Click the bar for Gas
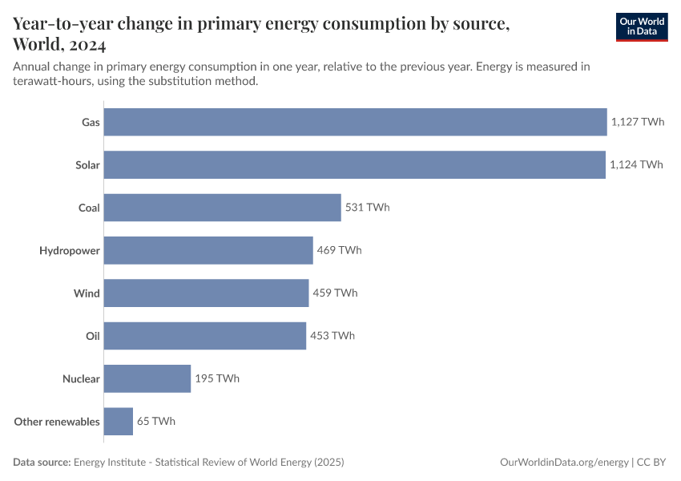point(355,123)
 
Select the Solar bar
point(354,165)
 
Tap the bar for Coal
point(222,208)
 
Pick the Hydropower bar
point(208,250)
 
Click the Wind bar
point(206,293)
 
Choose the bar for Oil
point(205,336)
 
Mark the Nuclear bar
point(147,378)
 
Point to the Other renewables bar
point(119,421)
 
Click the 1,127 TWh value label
point(638,123)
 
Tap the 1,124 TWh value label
point(636,165)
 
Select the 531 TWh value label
point(367,208)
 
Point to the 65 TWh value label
point(156,421)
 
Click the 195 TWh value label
point(217,378)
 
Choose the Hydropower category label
point(70,251)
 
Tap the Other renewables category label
point(57,422)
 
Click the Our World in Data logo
point(641,26)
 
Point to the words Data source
point(42,463)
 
